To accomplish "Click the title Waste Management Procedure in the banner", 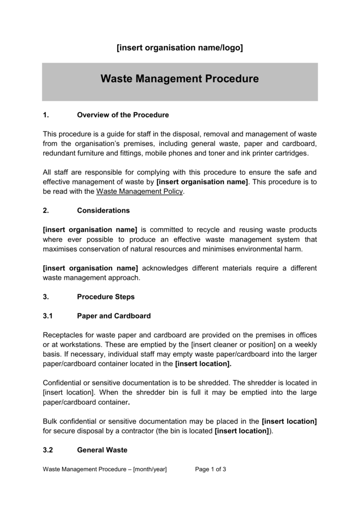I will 180,79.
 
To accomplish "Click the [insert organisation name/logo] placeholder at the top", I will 180,48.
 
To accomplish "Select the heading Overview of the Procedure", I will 123,115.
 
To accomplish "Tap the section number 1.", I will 46,115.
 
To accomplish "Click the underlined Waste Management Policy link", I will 140,191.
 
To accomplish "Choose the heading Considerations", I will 103,210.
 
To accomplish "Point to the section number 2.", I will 46,210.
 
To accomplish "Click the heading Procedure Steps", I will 106,297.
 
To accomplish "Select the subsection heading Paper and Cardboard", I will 114,316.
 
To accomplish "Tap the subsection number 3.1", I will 48,316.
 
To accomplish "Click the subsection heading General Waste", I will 102,450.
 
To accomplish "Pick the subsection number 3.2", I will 48,450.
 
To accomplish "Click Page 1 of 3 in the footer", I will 211,469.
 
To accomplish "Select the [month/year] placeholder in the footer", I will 150,469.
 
